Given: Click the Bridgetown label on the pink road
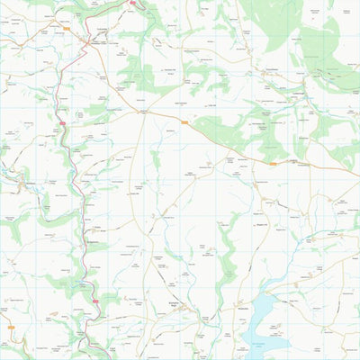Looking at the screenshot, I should [95, 242].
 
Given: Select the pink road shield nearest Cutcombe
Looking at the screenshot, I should [132, 3].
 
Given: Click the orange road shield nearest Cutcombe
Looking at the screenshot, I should [66, 28].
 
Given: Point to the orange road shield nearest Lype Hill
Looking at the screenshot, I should [184, 122].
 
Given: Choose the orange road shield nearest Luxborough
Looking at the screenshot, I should [273, 164].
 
